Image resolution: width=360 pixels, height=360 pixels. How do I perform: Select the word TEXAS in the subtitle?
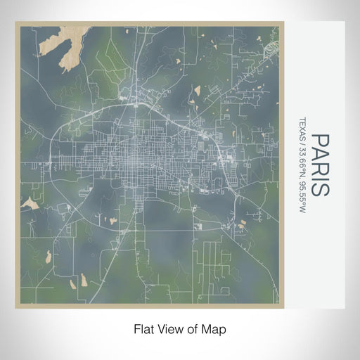(302, 128)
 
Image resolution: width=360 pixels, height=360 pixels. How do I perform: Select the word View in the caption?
(169, 328)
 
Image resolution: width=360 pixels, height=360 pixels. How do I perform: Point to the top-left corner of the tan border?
(16, 23)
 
